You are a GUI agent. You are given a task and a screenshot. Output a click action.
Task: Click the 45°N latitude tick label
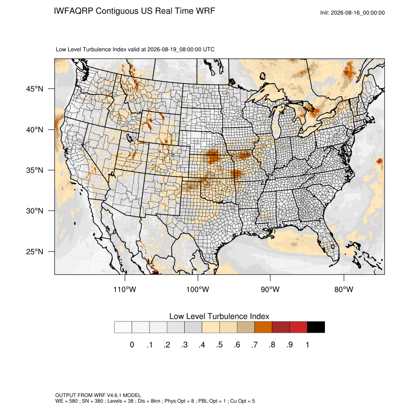(35, 89)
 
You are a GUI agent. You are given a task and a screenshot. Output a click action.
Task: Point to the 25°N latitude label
(35, 251)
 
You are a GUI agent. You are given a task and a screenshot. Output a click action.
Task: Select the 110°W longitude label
(125, 289)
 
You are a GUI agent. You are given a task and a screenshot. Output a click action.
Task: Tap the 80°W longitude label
(344, 289)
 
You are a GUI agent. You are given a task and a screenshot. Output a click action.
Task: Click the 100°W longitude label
(198, 289)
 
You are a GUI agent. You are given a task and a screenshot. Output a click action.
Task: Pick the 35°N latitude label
(35, 170)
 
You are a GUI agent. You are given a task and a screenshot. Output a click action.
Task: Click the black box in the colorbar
(316, 327)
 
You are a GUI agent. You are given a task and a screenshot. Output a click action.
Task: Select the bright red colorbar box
(298, 327)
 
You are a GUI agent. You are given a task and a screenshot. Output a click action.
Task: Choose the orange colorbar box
(263, 327)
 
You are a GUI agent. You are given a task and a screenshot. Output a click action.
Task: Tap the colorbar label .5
(220, 345)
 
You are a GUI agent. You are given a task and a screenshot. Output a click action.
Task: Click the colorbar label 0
(132, 345)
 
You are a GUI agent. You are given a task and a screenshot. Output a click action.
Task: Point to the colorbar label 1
(307, 345)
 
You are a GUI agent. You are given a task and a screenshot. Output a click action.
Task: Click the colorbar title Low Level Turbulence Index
(219, 316)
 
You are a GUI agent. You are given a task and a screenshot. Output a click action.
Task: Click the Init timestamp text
(352, 13)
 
